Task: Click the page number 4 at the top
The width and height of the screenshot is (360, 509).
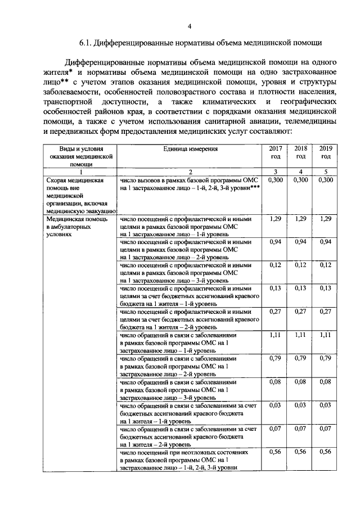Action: [x=190, y=25]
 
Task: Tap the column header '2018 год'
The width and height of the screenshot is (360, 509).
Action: [x=301, y=152]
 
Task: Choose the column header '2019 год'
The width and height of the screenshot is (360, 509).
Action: [x=326, y=152]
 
